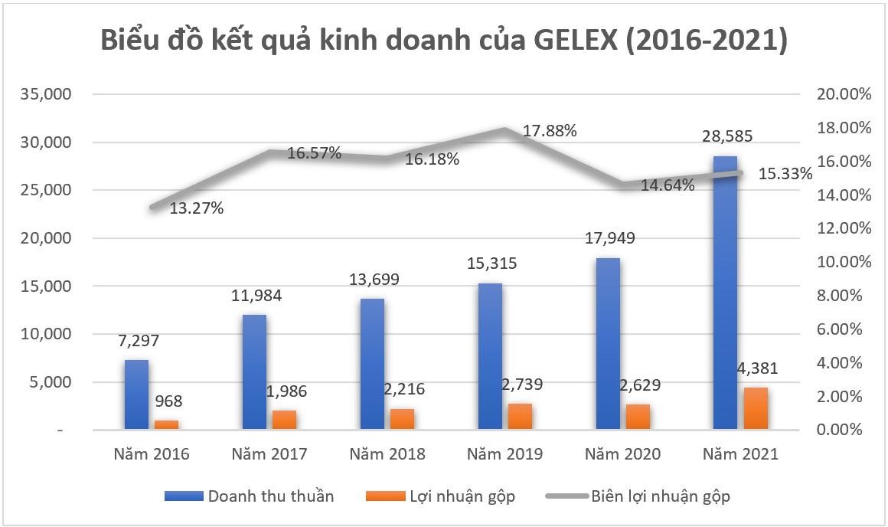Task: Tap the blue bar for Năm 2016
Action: pos(136,394)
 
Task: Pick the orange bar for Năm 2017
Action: pos(284,421)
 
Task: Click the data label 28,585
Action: pos(727,137)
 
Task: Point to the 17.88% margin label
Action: pos(550,131)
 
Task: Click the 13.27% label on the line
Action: pos(197,208)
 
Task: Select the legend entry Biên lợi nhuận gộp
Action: pos(660,496)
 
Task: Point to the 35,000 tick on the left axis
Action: pos(47,94)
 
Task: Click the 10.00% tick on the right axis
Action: pos(845,262)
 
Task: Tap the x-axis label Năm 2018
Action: pos(387,454)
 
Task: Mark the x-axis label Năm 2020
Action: pos(623,454)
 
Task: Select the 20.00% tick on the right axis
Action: pos(845,94)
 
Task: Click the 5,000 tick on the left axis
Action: pos(51,382)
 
